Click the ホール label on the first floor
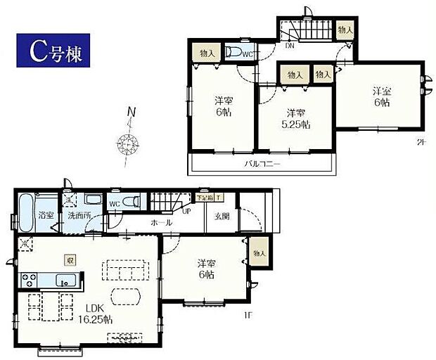coord(162,223)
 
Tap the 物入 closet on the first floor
coord(259,252)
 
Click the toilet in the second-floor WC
coord(233,53)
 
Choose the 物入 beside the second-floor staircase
coord(345,30)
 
